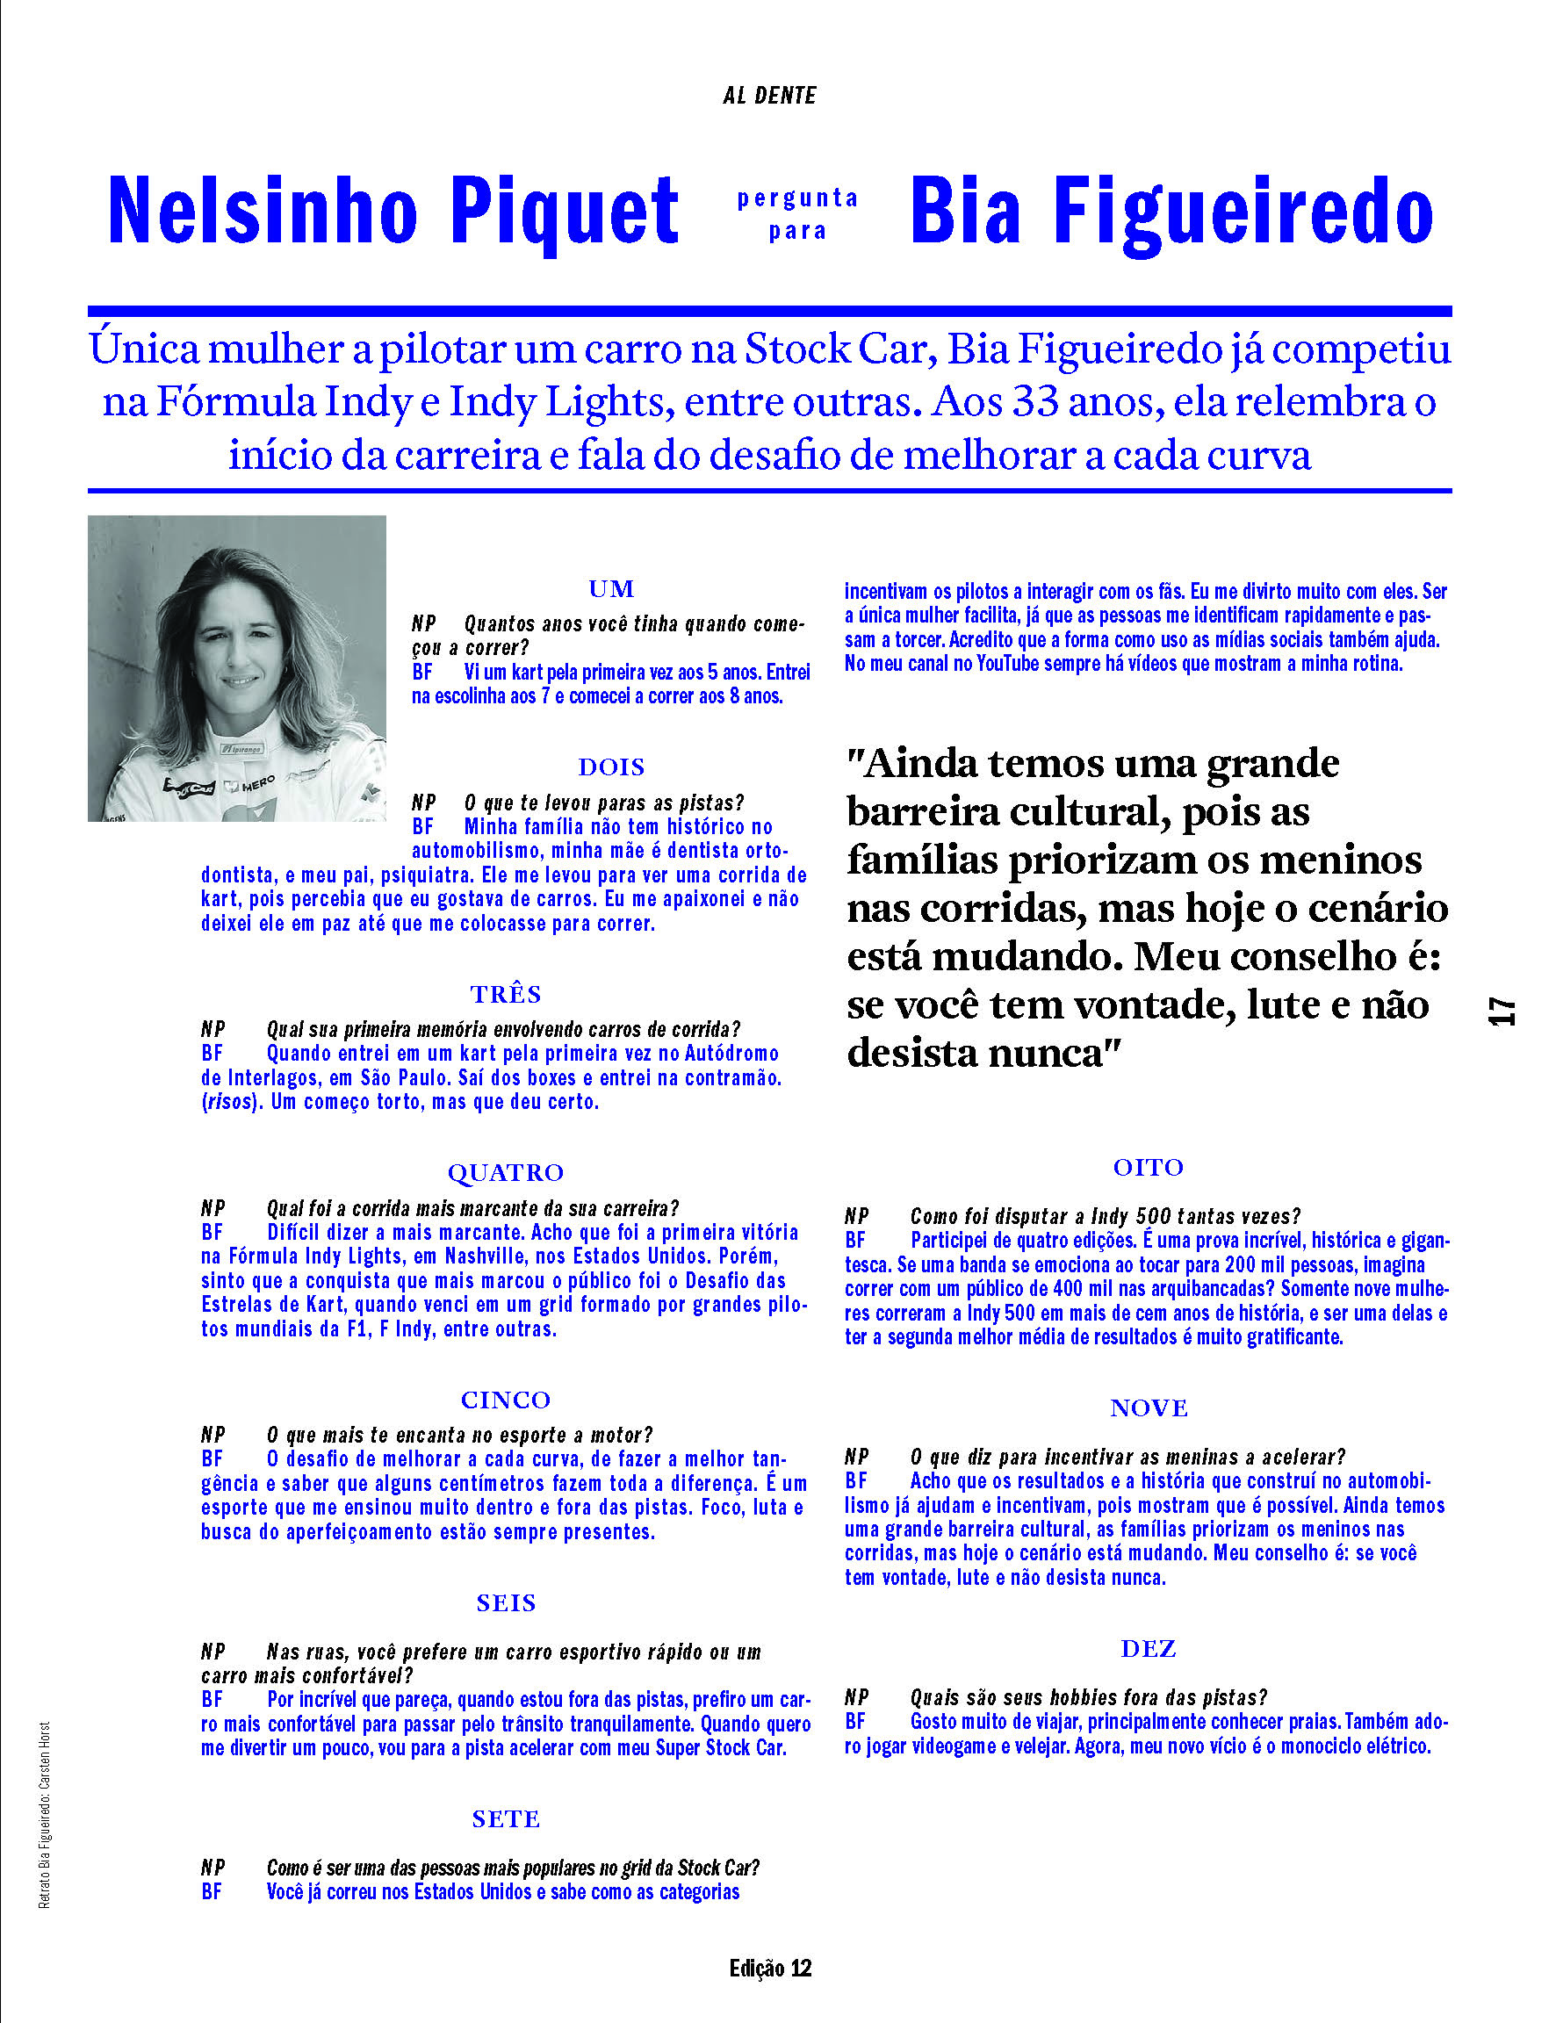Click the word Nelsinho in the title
pos(263,211)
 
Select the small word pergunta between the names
pos(797,198)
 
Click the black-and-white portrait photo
pos(236,667)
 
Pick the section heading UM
pos(611,589)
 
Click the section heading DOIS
pos(611,767)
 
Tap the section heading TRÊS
pos(506,993)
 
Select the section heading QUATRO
pos(506,1172)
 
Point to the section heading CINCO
pos(506,1399)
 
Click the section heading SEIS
pos(506,1602)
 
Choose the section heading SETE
pos(506,1818)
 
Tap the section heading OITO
pos(1149,1167)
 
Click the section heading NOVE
pos(1149,1407)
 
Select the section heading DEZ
pos(1149,1648)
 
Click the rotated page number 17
pos(1502,1010)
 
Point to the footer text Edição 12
pos(770,1968)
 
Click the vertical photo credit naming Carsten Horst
pos(45,1815)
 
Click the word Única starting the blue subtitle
pos(143,349)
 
